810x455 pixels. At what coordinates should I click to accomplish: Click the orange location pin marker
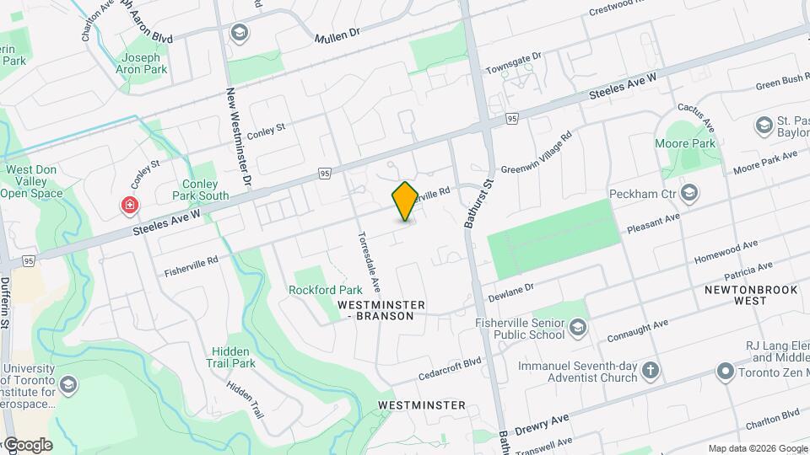405,201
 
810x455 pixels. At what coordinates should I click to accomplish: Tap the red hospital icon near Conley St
130,205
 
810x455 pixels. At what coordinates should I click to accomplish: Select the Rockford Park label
319,289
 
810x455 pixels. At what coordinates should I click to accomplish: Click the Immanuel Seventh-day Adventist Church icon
651,370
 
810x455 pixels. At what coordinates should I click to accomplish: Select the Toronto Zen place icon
725,371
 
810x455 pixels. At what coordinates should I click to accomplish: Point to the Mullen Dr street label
337,35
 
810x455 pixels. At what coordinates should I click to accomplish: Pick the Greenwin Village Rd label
537,152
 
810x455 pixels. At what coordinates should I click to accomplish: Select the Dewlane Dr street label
511,292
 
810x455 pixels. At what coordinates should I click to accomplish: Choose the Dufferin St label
5,303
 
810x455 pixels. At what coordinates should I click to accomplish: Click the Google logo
27,445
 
